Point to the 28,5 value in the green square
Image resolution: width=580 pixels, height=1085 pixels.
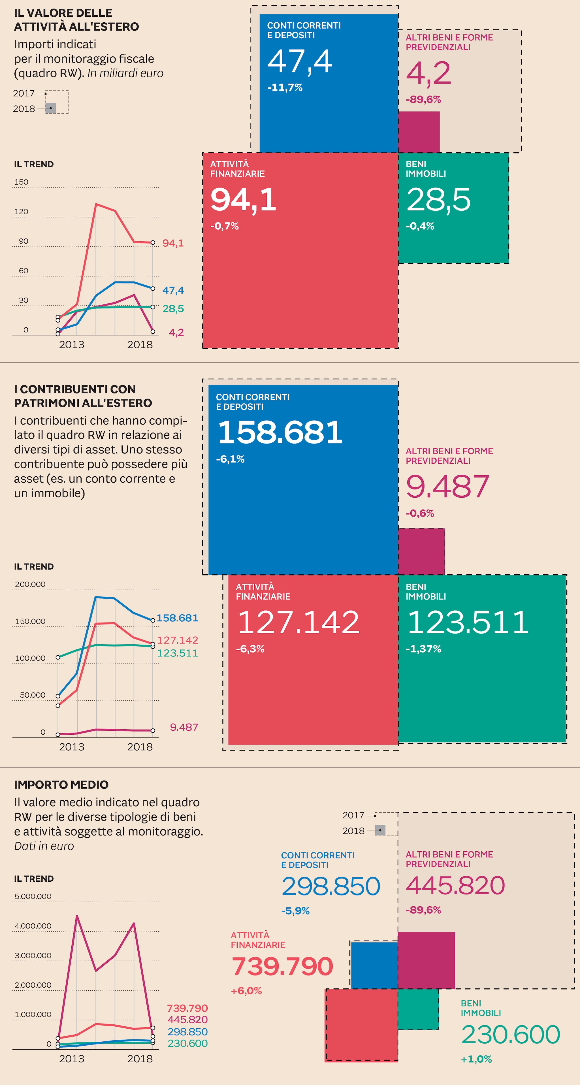point(438,200)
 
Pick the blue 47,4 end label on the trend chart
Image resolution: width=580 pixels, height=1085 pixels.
point(173,290)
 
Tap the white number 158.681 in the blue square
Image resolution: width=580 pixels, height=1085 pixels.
point(280,432)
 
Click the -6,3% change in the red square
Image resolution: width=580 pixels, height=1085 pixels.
point(250,649)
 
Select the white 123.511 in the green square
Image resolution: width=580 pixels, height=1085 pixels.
point(468,622)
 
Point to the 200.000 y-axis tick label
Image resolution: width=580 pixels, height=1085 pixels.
point(30,584)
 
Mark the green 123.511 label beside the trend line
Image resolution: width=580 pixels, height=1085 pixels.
point(177,653)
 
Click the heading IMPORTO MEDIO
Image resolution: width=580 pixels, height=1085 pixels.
point(61,785)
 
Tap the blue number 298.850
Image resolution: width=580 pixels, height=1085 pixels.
point(331,886)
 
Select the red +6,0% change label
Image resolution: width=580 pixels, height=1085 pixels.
point(246,991)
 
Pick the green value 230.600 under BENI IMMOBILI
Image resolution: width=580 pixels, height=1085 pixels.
point(511,1035)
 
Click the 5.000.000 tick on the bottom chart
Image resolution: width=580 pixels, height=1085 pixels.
point(33,896)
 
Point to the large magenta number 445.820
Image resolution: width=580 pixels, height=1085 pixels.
point(455,885)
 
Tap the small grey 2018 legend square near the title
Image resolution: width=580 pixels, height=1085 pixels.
point(50,108)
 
